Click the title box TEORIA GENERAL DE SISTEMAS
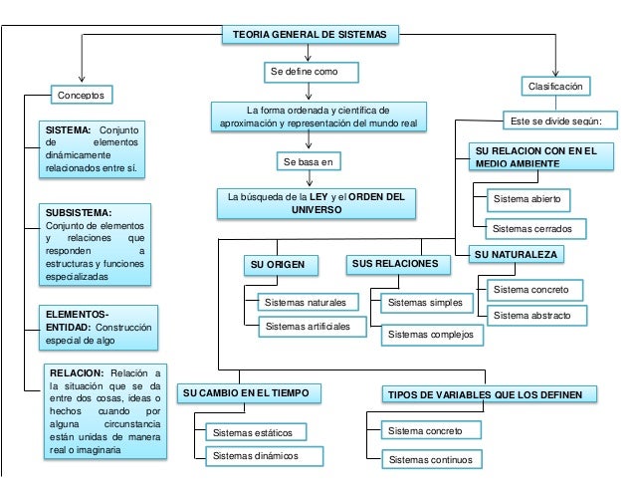311,35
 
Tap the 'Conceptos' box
83,96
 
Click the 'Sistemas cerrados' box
532,229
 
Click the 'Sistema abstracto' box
531,315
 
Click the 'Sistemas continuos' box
430,459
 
